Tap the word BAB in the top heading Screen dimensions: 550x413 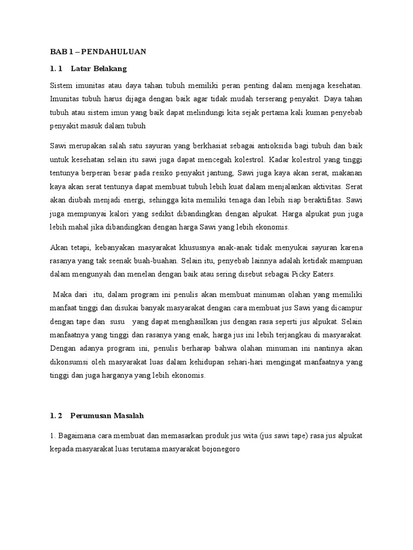[56, 52]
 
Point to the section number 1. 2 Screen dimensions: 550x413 [56, 416]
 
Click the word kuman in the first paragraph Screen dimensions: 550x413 [309, 113]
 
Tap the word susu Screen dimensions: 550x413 [117, 322]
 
